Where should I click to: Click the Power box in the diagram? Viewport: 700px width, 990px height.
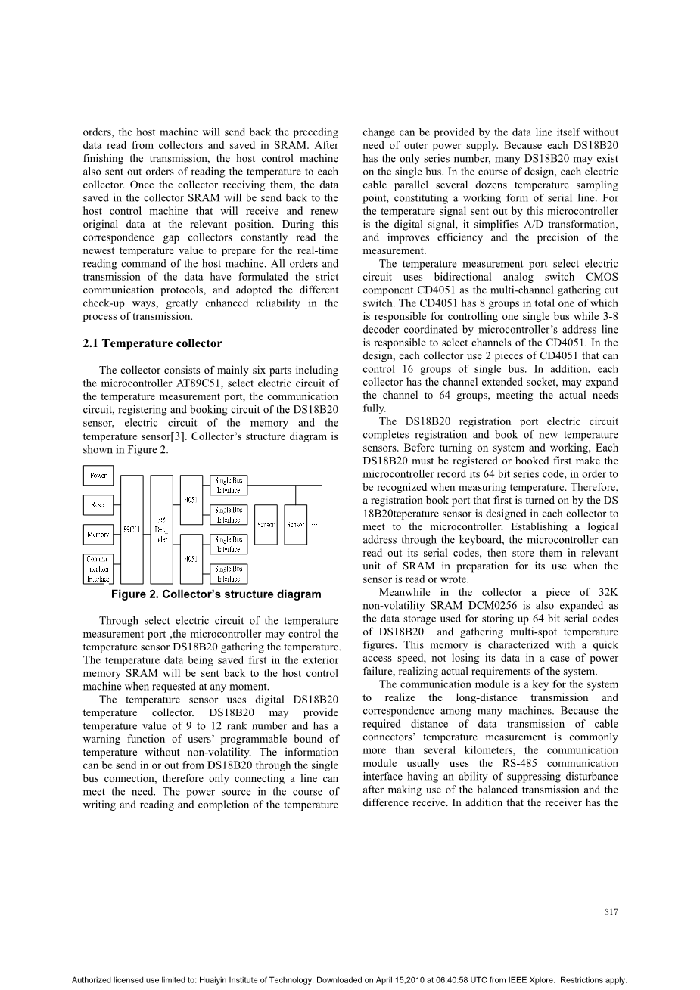click(x=98, y=476)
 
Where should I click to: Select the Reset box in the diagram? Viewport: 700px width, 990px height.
click(x=98, y=505)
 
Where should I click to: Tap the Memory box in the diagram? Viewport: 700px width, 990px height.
click(x=98, y=534)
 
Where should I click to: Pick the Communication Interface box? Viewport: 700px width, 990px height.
click(x=98, y=568)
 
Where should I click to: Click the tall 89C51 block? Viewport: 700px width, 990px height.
click(x=132, y=529)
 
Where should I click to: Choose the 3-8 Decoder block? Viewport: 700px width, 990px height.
click(x=162, y=529)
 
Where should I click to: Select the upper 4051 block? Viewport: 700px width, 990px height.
click(x=191, y=500)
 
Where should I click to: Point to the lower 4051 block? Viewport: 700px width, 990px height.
click(x=191, y=559)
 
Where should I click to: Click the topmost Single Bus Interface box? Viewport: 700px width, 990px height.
click(x=229, y=485)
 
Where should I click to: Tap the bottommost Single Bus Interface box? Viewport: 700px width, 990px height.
click(x=229, y=573)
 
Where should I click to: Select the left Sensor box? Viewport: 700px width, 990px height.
click(x=266, y=524)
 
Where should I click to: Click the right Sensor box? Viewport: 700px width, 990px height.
click(x=296, y=524)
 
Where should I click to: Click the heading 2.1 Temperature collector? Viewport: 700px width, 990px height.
click(x=152, y=343)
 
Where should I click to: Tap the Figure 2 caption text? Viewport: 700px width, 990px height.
click(x=216, y=594)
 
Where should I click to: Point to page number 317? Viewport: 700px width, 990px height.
click(x=611, y=912)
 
